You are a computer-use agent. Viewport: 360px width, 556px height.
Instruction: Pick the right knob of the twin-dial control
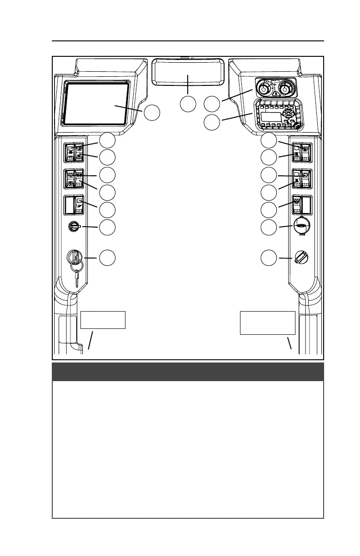click(x=285, y=87)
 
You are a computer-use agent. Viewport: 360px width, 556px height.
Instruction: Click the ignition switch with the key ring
click(x=75, y=258)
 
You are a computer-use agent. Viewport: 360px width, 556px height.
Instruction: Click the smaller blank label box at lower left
click(x=102, y=320)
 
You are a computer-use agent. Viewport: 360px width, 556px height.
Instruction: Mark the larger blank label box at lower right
click(x=267, y=323)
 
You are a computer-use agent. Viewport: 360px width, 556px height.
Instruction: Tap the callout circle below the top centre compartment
click(x=188, y=104)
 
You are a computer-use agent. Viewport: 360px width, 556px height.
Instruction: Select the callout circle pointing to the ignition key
click(x=108, y=258)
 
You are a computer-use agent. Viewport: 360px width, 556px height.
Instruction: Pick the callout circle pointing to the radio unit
click(x=212, y=121)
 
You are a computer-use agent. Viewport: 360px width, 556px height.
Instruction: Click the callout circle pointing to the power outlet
click(x=269, y=228)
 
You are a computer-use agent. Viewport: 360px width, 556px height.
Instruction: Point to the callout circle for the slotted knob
click(x=269, y=258)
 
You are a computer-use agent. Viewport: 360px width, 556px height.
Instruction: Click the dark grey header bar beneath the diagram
click(x=188, y=372)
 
